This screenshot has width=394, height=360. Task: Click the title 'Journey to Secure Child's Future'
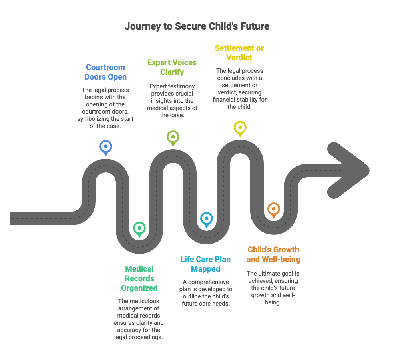click(x=197, y=26)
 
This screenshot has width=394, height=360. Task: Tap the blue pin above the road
click(x=106, y=147)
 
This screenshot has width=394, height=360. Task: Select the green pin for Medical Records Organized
click(x=139, y=228)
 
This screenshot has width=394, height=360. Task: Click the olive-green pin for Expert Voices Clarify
click(x=172, y=137)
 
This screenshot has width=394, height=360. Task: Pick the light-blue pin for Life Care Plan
click(x=207, y=219)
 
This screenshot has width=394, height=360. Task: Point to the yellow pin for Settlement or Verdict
click(x=240, y=128)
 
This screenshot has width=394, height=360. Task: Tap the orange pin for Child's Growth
click(x=273, y=209)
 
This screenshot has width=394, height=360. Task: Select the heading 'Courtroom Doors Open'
click(x=105, y=72)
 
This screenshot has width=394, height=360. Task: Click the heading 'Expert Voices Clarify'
click(x=172, y=67)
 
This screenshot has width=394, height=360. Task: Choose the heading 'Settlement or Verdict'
click(x=239, y=53)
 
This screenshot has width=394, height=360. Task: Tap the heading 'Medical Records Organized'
click(x=139, y=278)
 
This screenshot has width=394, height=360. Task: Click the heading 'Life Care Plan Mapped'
click(x=205, y=264)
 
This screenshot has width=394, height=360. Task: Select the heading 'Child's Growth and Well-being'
click(x=273, y=254)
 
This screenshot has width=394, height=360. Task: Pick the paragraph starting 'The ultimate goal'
click(x=273, y=288)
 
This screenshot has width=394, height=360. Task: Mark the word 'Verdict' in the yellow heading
click(x=239, y=58)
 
